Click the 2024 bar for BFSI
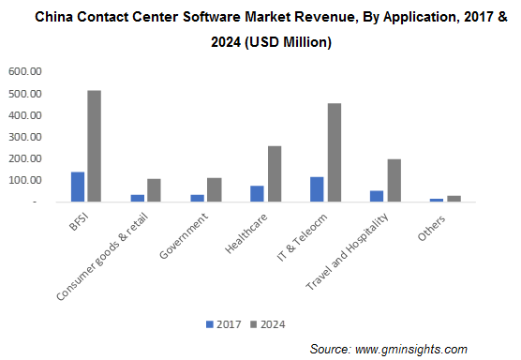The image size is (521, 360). pos(94,146)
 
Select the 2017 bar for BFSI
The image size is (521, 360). pos(78,187)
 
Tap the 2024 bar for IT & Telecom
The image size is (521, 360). pos(335,152)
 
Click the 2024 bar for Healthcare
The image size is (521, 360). pos(275,173)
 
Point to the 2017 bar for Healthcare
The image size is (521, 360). pos(258,193)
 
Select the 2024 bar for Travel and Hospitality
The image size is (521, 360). pos(394,180)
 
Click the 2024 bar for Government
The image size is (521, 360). pos(214,189)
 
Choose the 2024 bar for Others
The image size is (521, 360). pos(454,198)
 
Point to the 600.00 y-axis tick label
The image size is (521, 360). pos(25,71)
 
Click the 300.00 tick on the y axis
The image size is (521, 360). pos(25,137)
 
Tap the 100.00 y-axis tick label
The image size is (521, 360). pos(25,180)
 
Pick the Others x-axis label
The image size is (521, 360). pos(432,226)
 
